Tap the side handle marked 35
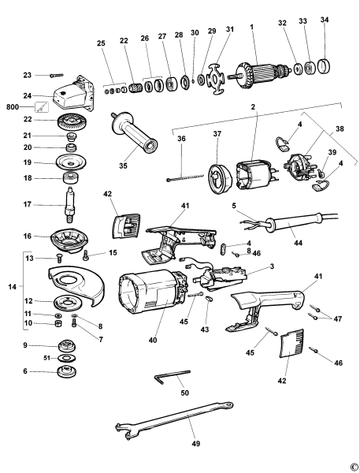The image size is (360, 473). pos(133,130)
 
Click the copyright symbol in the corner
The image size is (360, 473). pos(354,465)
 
